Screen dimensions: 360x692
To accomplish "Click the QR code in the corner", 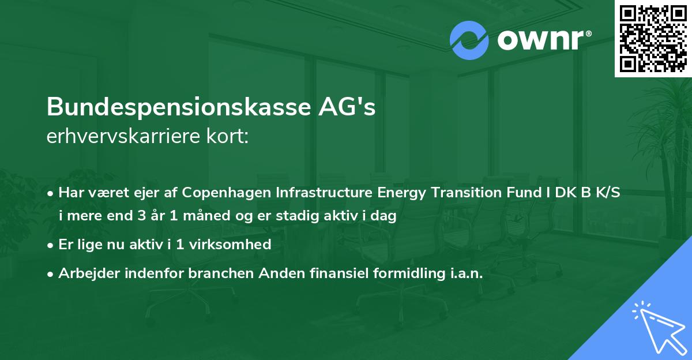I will (x=653, y=39).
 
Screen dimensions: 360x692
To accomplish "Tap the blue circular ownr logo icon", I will (x=469, y=40).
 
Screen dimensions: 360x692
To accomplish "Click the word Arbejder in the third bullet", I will (x=83, y=273).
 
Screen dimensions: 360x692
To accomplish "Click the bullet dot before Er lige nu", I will (x=51, y=245).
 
